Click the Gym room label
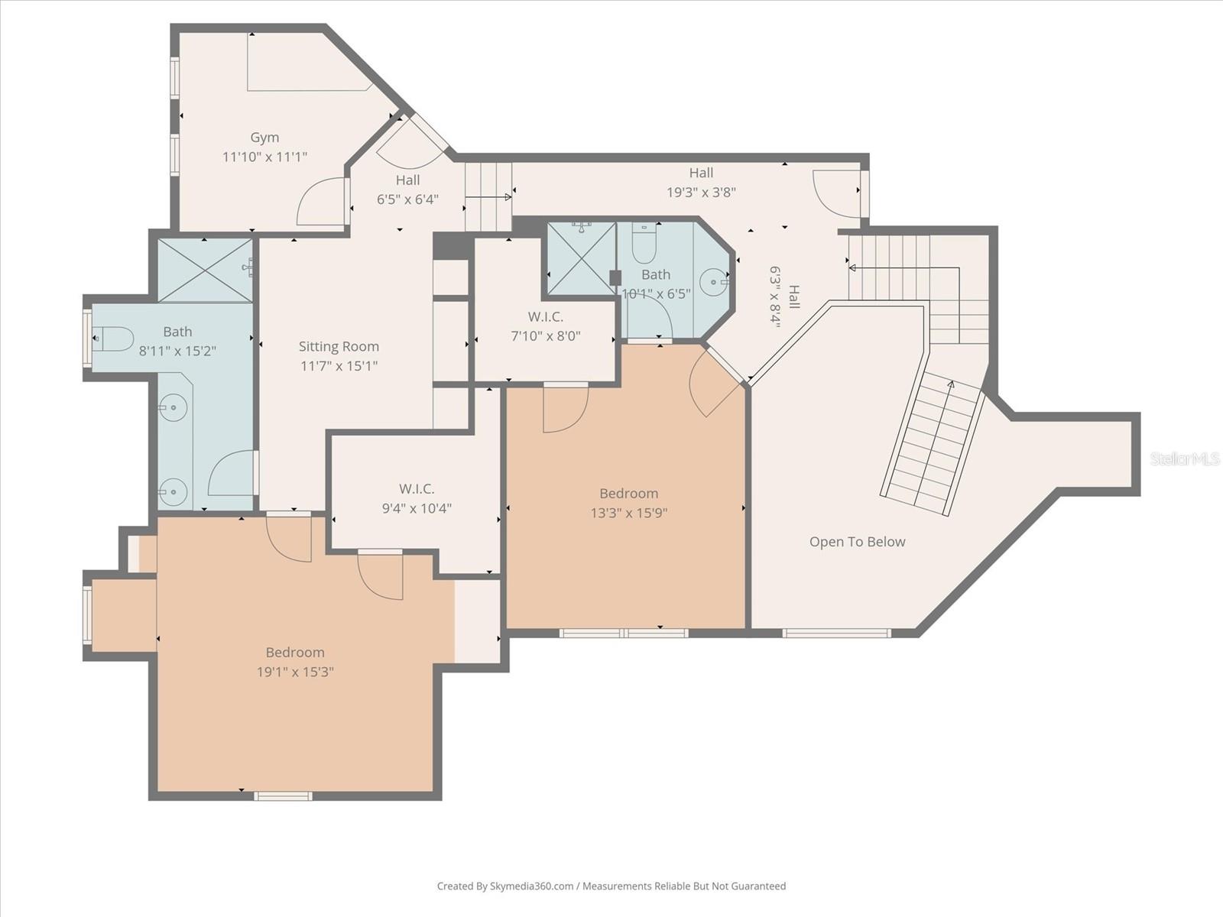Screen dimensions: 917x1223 pyautogui.click(x=264, y=138)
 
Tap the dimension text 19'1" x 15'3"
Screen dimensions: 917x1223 pyautogui.click(x=295, y=672)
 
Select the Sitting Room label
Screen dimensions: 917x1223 pyautogui.click(x=339, y=346)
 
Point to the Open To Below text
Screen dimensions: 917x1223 pyautogui.click(x=857, y=542)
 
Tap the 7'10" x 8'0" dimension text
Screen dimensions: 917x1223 pyautogui.click(x=545, y=335)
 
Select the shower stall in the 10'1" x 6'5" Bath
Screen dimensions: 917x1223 pyautogui.click(x=581, y=258)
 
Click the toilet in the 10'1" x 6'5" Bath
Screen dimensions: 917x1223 pyautogui.click(x=644, y=245)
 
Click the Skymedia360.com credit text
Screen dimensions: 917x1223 pyautogui.click(x=505, y=886)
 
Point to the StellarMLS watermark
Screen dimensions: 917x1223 pyautogui.click(x=1185, y=458)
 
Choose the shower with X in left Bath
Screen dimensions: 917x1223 pyautogui.click(x=205, y=271)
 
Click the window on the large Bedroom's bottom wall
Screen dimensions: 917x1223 pyautogui.click(x=283, y=796)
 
